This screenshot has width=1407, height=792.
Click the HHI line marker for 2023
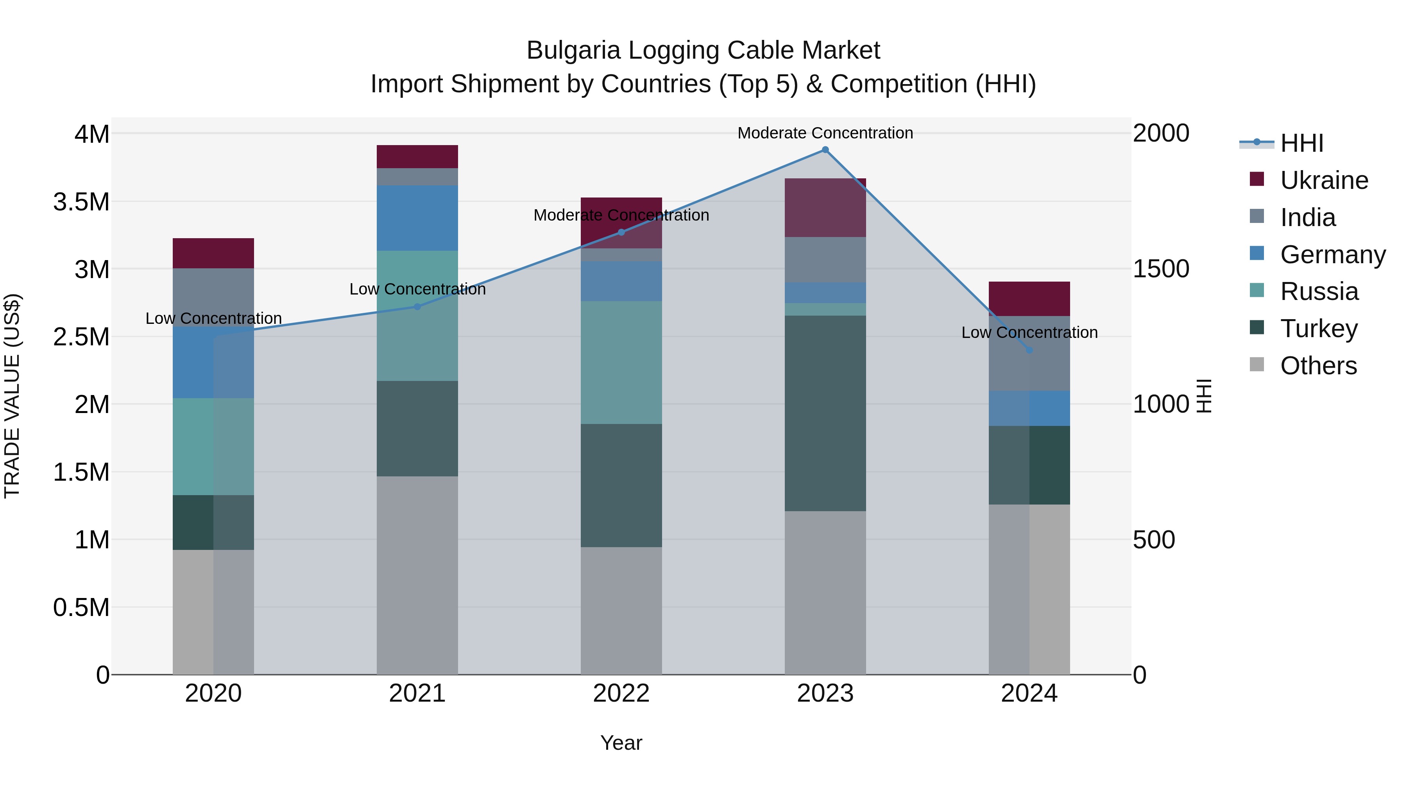coord(825,150)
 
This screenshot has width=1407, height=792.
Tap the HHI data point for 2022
coord(621,232)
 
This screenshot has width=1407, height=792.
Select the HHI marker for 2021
coord(417,307)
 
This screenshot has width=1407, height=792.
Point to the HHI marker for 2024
coord(1029,350)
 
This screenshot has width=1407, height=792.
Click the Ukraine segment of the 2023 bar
coord(825,207)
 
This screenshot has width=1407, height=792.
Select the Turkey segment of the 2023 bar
coord(825,413)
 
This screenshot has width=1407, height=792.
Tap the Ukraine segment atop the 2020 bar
coord(213,253)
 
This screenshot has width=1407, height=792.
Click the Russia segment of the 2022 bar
coord(621,363)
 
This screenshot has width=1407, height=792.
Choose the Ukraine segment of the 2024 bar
coord(1029,298)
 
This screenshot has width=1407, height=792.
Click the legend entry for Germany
coord(1333,255)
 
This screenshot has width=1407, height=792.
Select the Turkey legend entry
coord(1319,329)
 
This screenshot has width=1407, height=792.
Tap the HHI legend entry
coord(1301,143)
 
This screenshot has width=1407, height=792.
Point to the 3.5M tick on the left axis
coord(81,202)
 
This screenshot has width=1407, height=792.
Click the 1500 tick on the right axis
coord(1161,269)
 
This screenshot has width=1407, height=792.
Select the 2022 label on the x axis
coord(621,693)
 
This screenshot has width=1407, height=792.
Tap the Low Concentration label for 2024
coord(1029,332)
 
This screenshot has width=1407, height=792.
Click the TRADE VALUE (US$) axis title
coord(12,396)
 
